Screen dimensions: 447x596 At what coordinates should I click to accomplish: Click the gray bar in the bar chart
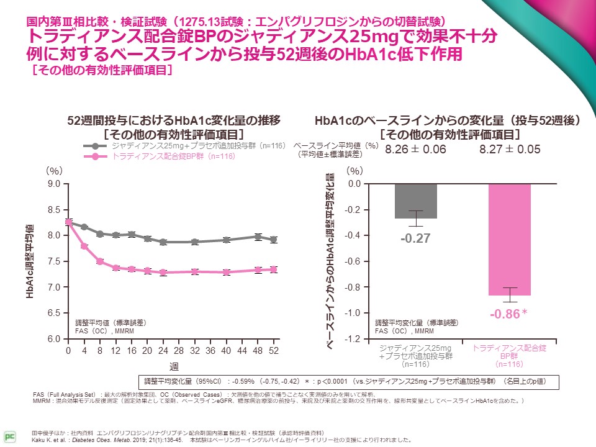[x=415, y=201]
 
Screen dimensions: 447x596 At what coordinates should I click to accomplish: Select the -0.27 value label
[x=415, y=238]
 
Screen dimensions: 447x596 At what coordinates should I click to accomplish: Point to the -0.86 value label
[x=505, y=315]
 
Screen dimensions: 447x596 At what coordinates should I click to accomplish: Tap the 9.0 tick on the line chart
[x=53, y=184]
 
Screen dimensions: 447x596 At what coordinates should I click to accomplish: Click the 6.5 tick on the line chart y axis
[x=53, y=314]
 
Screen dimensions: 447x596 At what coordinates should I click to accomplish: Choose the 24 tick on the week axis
[x=163, y=351]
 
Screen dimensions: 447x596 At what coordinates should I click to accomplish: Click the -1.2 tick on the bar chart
[x=353, y=339]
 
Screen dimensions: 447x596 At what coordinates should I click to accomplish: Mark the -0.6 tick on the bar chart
[x=353, y=261]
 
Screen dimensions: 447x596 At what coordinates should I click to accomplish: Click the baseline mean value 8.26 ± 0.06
[x=415, y=150]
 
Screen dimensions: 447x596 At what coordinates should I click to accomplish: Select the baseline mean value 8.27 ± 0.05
[x=510, y=150]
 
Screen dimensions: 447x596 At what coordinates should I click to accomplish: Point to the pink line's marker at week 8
[x=99, y=261]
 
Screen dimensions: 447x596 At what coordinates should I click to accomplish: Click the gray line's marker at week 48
[x=258, y=237]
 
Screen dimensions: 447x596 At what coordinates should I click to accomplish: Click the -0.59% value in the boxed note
[x=242, y=381]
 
